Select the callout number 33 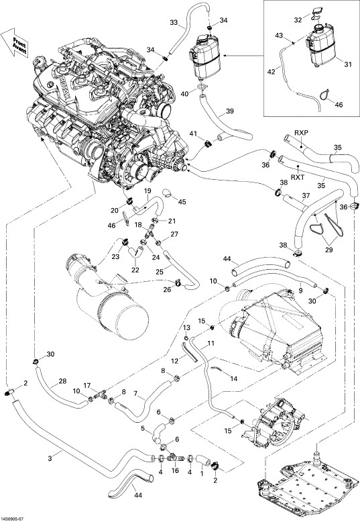[174, 23]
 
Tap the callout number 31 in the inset [348, 64]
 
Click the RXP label [301, 133]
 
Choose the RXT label [298, 177]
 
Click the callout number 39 [230, 111]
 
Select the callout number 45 [182, 202]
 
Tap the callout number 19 [147, 191]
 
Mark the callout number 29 [328, 250]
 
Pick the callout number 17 [87, 386]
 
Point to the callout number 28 [63, 381]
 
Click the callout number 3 [50, 459]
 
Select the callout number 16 [175, 470]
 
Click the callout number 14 [234, 378]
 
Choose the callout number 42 [272, 72]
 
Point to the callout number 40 [184, 93]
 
